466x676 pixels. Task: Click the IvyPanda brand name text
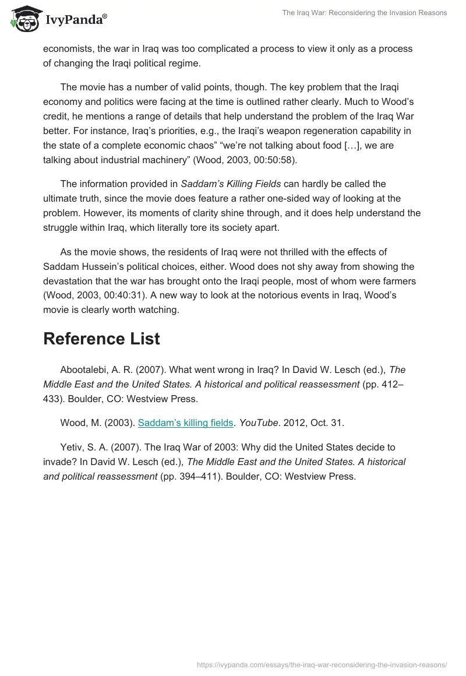[x=75, y=20]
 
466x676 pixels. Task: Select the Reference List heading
[x=101, y=339]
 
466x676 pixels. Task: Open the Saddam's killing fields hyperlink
[x=185, y=423]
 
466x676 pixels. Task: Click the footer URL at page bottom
[x=322, y=664]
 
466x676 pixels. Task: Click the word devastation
[x=69, y=281]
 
